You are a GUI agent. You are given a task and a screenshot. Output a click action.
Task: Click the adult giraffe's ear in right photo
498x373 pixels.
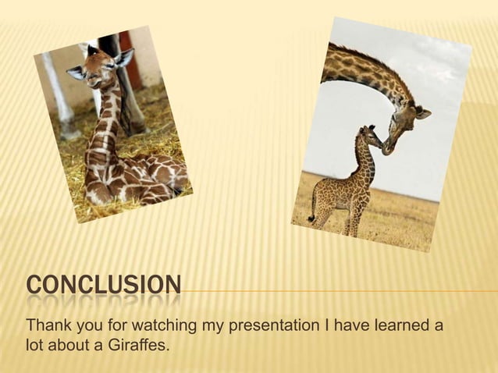(x=422, y=114)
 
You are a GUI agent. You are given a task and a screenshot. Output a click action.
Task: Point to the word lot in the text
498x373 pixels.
(x=36, y=342)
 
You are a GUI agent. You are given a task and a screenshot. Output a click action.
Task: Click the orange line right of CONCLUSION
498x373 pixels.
(x=336, y=291)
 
